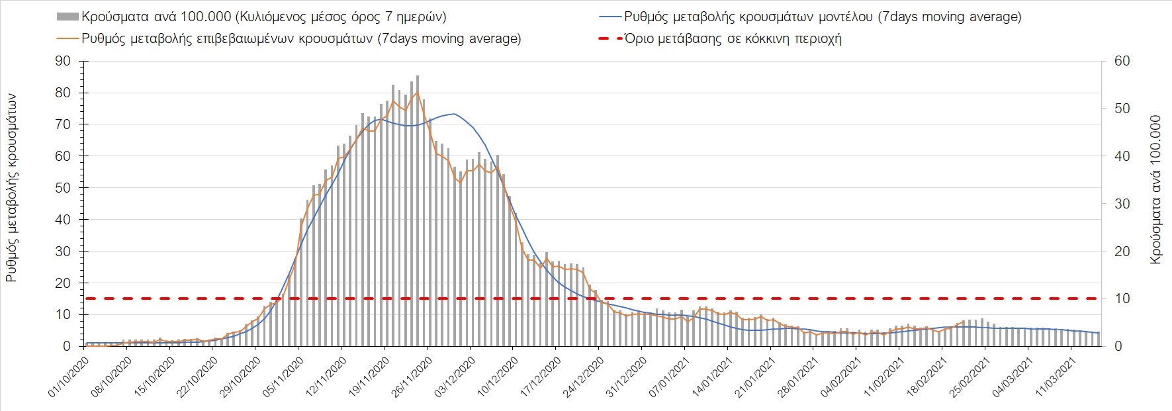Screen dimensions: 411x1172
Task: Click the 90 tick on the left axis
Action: pos(63,61)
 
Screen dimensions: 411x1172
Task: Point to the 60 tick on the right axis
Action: pos(1122,61)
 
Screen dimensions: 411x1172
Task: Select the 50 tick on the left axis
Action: pos(63,188)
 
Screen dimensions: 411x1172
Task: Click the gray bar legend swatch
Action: pos(68,17)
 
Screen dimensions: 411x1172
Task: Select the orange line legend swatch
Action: pos(68,38)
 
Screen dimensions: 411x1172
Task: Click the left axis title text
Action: pos(12,189)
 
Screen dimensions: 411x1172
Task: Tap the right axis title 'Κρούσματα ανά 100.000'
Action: pos(1155,191)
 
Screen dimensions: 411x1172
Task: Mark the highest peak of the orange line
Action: pos(417,92)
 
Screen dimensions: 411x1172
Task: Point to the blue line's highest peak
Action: pos(453,114)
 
